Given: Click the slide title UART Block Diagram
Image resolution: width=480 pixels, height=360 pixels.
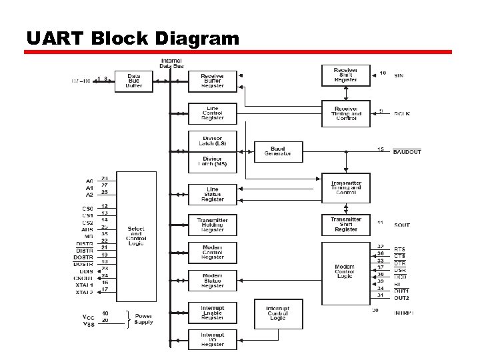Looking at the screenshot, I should coord(132,39).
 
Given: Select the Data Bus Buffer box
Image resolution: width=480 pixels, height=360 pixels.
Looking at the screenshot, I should coord(134,81).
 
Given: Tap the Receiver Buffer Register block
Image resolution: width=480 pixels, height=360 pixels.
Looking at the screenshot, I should coord(212,81).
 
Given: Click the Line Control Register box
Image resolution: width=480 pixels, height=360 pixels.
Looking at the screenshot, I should coord(212,113).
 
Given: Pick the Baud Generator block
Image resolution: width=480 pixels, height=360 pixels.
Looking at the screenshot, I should coord(278,151).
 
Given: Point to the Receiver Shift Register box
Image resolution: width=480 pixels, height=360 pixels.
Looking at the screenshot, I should coord(345,75).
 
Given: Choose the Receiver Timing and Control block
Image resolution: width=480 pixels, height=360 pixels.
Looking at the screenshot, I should coord(345,113).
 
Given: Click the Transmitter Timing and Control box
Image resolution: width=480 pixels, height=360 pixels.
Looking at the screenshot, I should coord(345,188).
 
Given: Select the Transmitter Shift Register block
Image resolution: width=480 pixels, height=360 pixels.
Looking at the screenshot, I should coord(345,224).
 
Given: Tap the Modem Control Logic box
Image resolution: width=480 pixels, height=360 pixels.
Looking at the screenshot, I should coord(345,271).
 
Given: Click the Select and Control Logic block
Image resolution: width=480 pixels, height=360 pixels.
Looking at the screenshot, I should coord(136,236).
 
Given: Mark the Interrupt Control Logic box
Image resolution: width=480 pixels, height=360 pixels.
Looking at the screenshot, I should coord(278,313).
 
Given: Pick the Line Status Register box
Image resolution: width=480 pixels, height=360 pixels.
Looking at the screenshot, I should coord(212,194).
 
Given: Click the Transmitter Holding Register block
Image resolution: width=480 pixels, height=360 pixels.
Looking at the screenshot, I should coord(212,225).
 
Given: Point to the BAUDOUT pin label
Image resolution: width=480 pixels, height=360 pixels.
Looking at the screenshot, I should coord(407,152).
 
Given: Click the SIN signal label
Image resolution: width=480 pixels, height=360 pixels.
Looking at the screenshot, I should coord(399,76).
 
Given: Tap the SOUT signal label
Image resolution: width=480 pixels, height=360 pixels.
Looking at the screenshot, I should coord(401,225).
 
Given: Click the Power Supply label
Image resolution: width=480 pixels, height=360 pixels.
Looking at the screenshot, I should coord(143,319).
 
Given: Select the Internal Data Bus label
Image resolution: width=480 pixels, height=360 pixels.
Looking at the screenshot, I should coord(172,64).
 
